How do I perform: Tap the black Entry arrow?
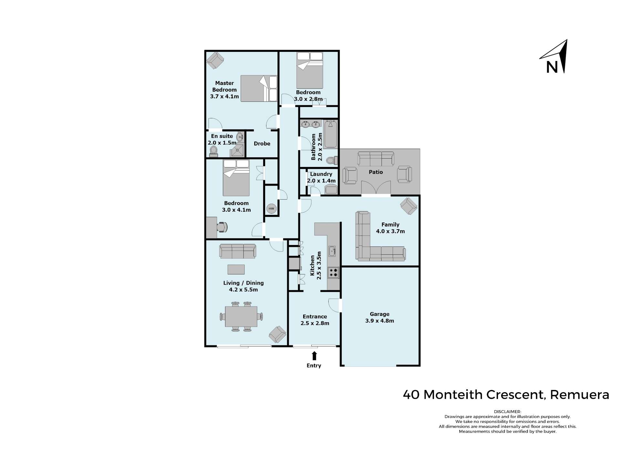pos(314,356)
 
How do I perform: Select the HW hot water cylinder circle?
pos(271,209)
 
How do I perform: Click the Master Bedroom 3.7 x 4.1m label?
pos(224,90)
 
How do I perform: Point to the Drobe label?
pos(262,144)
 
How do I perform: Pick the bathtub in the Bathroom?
pos(330,134)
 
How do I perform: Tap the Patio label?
pos(376,172)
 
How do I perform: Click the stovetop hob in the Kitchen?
pos(333,273)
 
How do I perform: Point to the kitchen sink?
pos(332,250)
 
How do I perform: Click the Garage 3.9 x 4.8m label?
pos(379,317)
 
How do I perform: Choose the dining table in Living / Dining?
pos(241,317)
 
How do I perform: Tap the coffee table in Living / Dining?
pos(236,269)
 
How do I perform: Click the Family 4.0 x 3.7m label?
pos(390,228)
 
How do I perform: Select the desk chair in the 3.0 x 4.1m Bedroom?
pos(222,227)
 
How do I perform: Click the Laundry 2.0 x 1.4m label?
pos(321,178)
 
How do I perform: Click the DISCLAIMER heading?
pos(507,412)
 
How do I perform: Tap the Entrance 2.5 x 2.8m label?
pos(315,320)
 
